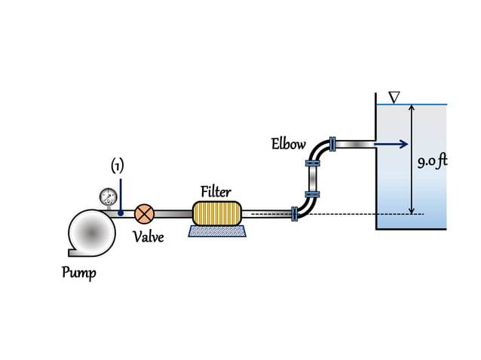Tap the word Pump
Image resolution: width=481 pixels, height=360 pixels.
pos(78,272)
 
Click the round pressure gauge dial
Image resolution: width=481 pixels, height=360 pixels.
pos(108,197)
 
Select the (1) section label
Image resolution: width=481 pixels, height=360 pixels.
pos(118,166)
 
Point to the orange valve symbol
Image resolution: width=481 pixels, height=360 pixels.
pos(144,214)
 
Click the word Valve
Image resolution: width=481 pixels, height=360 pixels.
pos(148,237)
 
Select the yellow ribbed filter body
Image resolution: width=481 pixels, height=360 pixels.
pos(216,213)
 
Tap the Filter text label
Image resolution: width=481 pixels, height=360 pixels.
pos(216,191)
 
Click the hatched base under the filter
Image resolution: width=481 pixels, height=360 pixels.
pos(216,231)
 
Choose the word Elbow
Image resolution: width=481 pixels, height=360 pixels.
pos(289,144)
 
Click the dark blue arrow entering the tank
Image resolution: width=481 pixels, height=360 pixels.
pos(391,144)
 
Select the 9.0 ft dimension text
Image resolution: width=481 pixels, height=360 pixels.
pos(433,161)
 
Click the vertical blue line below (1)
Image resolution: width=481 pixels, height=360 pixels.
pos(121,197)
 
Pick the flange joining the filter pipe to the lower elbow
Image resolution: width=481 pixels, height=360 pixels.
pos(293,215)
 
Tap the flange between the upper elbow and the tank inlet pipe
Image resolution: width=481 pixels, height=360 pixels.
pos(332,144)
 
